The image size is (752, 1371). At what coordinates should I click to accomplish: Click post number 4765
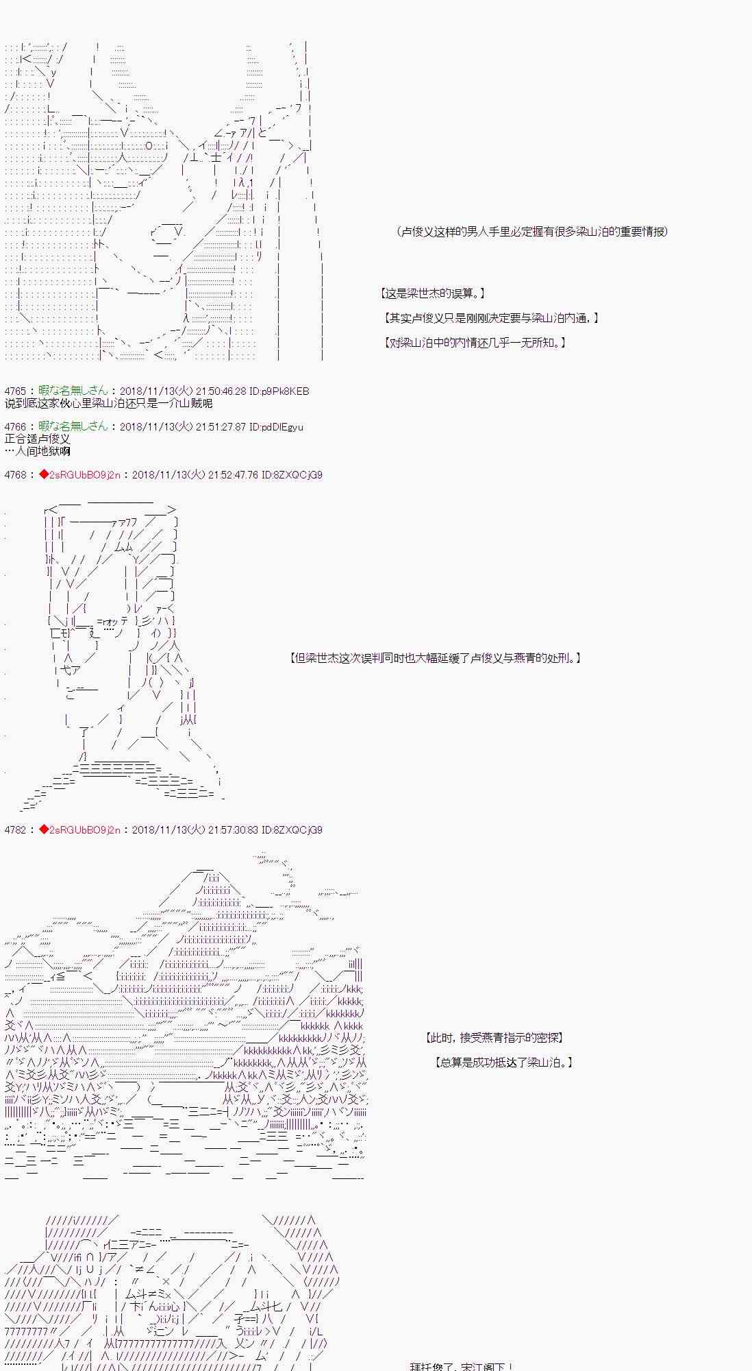14,391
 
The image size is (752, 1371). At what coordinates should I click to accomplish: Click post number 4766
14,427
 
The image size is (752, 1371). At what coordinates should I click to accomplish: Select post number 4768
14,474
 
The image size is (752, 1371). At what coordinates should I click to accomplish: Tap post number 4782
14,829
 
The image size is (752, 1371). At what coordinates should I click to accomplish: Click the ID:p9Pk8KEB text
279,391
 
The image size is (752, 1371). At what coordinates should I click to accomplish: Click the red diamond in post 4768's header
44,474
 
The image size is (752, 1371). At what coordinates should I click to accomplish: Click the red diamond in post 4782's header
44,829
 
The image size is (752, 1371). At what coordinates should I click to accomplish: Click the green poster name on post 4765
73,391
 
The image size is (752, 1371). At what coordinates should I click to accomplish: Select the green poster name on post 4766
73,427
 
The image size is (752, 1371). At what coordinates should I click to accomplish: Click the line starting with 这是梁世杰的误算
433,293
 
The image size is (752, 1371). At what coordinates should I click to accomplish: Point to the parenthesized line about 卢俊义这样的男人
532,232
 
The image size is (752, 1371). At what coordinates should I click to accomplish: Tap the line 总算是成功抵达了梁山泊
503,1063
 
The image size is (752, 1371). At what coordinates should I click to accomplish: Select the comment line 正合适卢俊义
37,439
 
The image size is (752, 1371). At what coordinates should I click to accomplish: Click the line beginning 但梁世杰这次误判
436,658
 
